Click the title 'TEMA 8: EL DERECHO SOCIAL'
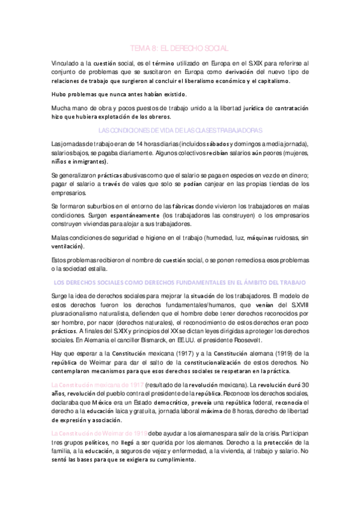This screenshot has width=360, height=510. (179, 48)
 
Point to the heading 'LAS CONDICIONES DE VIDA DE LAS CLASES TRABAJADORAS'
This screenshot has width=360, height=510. (179, 131)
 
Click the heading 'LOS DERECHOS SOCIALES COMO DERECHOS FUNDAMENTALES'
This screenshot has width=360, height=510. (179, 281)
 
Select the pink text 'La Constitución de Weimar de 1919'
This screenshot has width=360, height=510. (99, 434)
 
